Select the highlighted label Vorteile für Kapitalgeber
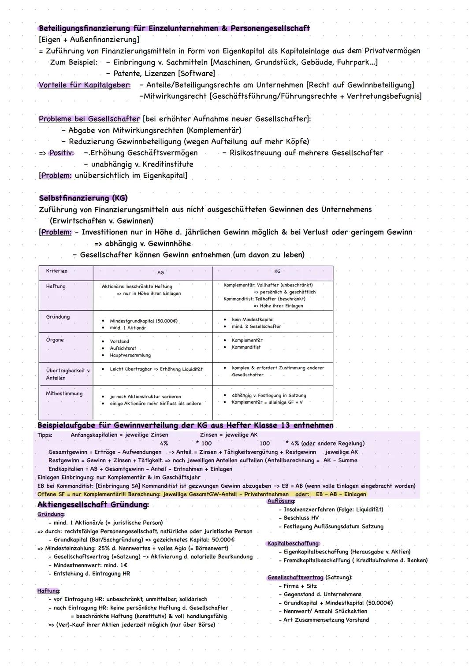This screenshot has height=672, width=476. click(85, 85)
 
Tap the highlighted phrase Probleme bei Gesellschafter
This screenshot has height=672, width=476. click(89, 119)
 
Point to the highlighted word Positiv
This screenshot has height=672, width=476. click(61, 153)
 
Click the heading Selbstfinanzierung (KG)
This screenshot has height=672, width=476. click(83, 198)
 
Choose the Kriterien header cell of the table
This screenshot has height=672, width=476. click(56, 271)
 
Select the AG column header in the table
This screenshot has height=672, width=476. click(160, 273)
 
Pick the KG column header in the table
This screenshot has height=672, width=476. click(277, 271)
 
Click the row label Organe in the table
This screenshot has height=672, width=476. click(55, 340)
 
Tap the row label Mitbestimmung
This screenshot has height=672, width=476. click(64, 394)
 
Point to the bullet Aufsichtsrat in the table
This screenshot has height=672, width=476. click(123, 348)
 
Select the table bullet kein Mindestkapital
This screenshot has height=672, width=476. click(253, 319)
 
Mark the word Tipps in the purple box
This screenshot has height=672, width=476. click(45, 435)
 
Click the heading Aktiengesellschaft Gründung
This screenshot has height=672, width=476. click(93, 505)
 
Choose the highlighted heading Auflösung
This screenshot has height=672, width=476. click(281, 501)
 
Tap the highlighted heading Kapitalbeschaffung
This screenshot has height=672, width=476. click(294, 543)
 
